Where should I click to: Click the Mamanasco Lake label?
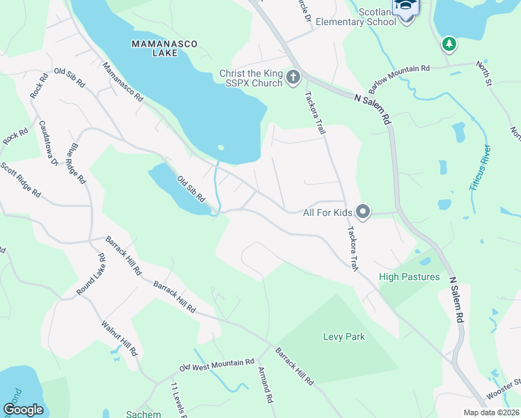(x=164, y=48)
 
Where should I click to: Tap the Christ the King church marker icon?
(x=293, y=77)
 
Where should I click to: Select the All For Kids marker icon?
(x=362, y=210)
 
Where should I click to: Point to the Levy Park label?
(x=344, y=337)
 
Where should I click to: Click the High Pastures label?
(x=410, y=277)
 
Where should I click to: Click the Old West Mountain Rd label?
(x=217, y=364)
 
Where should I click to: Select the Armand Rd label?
(x=265, y=386)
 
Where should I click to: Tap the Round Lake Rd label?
(x=91, y=274)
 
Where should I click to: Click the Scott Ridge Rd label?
(x=20, y=178)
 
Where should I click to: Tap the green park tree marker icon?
(x=449, y=45)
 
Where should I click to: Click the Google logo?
(x=23, y=410)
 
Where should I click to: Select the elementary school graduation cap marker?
(x=405, y=8)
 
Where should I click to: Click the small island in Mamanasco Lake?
(x=221, y=147)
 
